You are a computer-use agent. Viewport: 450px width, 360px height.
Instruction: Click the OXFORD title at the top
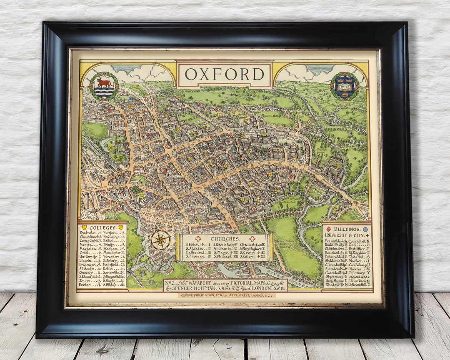pos(225,74)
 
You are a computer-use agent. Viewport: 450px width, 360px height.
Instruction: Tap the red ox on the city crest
pos(104,82)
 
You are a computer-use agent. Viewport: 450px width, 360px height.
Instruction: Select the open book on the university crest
pos(345,87)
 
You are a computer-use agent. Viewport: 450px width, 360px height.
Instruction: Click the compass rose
pos(160,240)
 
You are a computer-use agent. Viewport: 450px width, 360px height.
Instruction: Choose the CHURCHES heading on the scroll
pos(225,239)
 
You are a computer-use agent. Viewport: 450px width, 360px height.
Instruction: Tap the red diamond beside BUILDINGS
pos(328,229)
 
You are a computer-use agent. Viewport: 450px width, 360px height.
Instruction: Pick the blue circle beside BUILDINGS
pos(365,229)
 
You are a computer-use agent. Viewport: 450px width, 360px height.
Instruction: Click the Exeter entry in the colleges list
pos(88,285)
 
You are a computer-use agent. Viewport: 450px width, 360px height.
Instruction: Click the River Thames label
pos(300,278)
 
